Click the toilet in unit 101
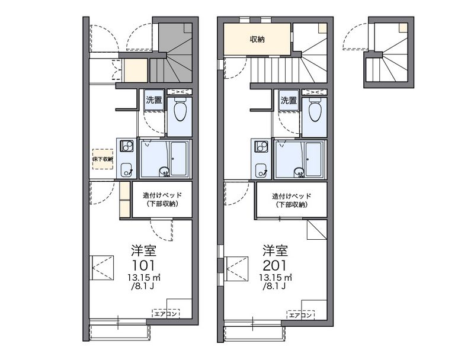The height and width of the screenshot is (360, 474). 180,110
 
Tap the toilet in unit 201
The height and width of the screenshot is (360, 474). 315,110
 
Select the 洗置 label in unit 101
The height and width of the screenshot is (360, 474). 154,100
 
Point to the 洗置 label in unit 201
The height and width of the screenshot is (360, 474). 289,100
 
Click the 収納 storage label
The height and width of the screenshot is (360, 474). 257,39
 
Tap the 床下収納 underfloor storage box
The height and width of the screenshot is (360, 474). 103,159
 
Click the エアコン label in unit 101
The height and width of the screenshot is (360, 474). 166,314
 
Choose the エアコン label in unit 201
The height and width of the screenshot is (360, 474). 300,315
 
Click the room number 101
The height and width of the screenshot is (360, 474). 143,265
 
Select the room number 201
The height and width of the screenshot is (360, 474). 275,265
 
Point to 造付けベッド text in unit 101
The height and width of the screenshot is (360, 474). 162,195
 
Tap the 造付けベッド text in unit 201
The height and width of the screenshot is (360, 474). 292,196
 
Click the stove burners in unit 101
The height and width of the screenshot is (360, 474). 127,146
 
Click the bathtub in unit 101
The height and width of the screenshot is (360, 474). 179,159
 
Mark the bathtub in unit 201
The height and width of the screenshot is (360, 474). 313,159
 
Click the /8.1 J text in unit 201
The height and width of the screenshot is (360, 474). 274,286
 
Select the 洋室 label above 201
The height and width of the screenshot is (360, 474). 275,250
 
